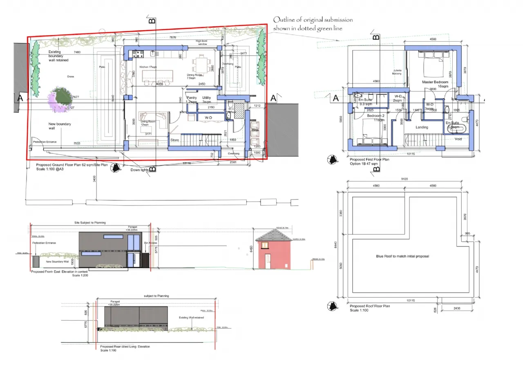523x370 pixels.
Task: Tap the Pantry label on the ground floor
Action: tap(191, 98)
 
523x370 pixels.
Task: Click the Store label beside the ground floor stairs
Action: tap(175, 140)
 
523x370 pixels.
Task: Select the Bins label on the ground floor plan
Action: tap(255, 130)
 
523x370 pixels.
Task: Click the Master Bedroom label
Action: tap(435, 82)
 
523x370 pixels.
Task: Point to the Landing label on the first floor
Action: tap(422, 127)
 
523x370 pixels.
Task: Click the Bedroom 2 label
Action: tap(375, 115)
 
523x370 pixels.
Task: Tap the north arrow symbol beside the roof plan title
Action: tap(331, 305)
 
